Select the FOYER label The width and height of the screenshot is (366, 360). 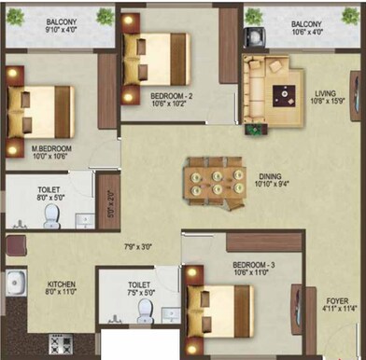336,301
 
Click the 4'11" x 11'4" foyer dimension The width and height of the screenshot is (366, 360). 337,312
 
